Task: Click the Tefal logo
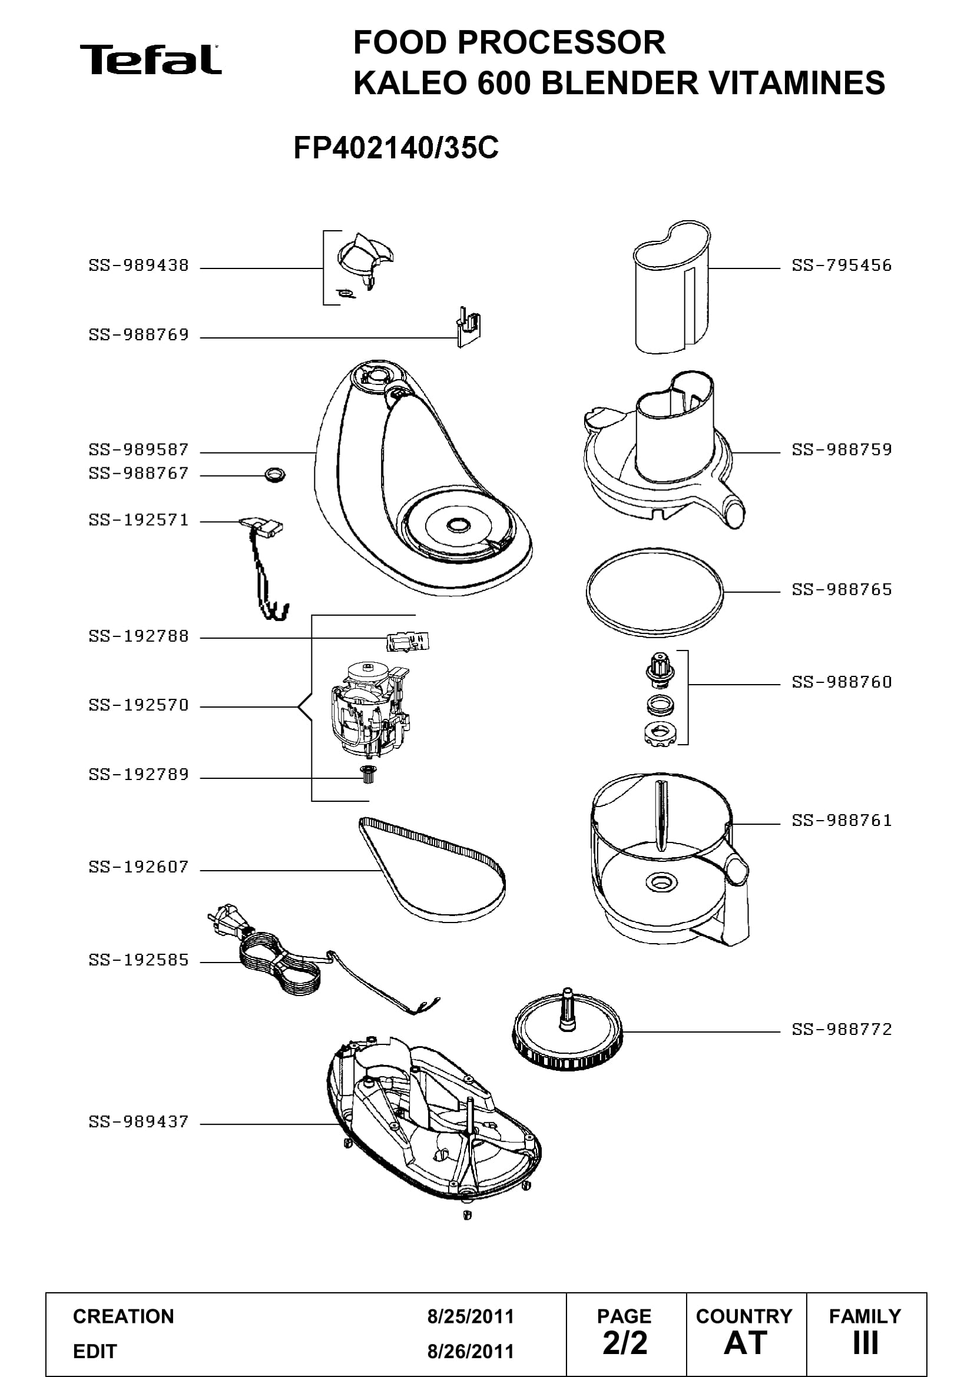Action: (151, 59)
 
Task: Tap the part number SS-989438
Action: (138, 265)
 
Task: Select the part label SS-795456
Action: (842, 265)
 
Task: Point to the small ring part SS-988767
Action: (274, 476)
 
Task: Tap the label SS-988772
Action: (842, 1029)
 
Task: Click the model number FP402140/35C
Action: (396, 148)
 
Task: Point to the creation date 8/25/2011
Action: (470, 1316)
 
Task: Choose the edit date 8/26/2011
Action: (470, 1352)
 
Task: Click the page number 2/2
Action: (625, 1343)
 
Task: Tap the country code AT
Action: (746, 1343)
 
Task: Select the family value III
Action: (866, 1343)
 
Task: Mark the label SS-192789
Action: (138, 775)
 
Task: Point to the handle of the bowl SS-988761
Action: (738, 900)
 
